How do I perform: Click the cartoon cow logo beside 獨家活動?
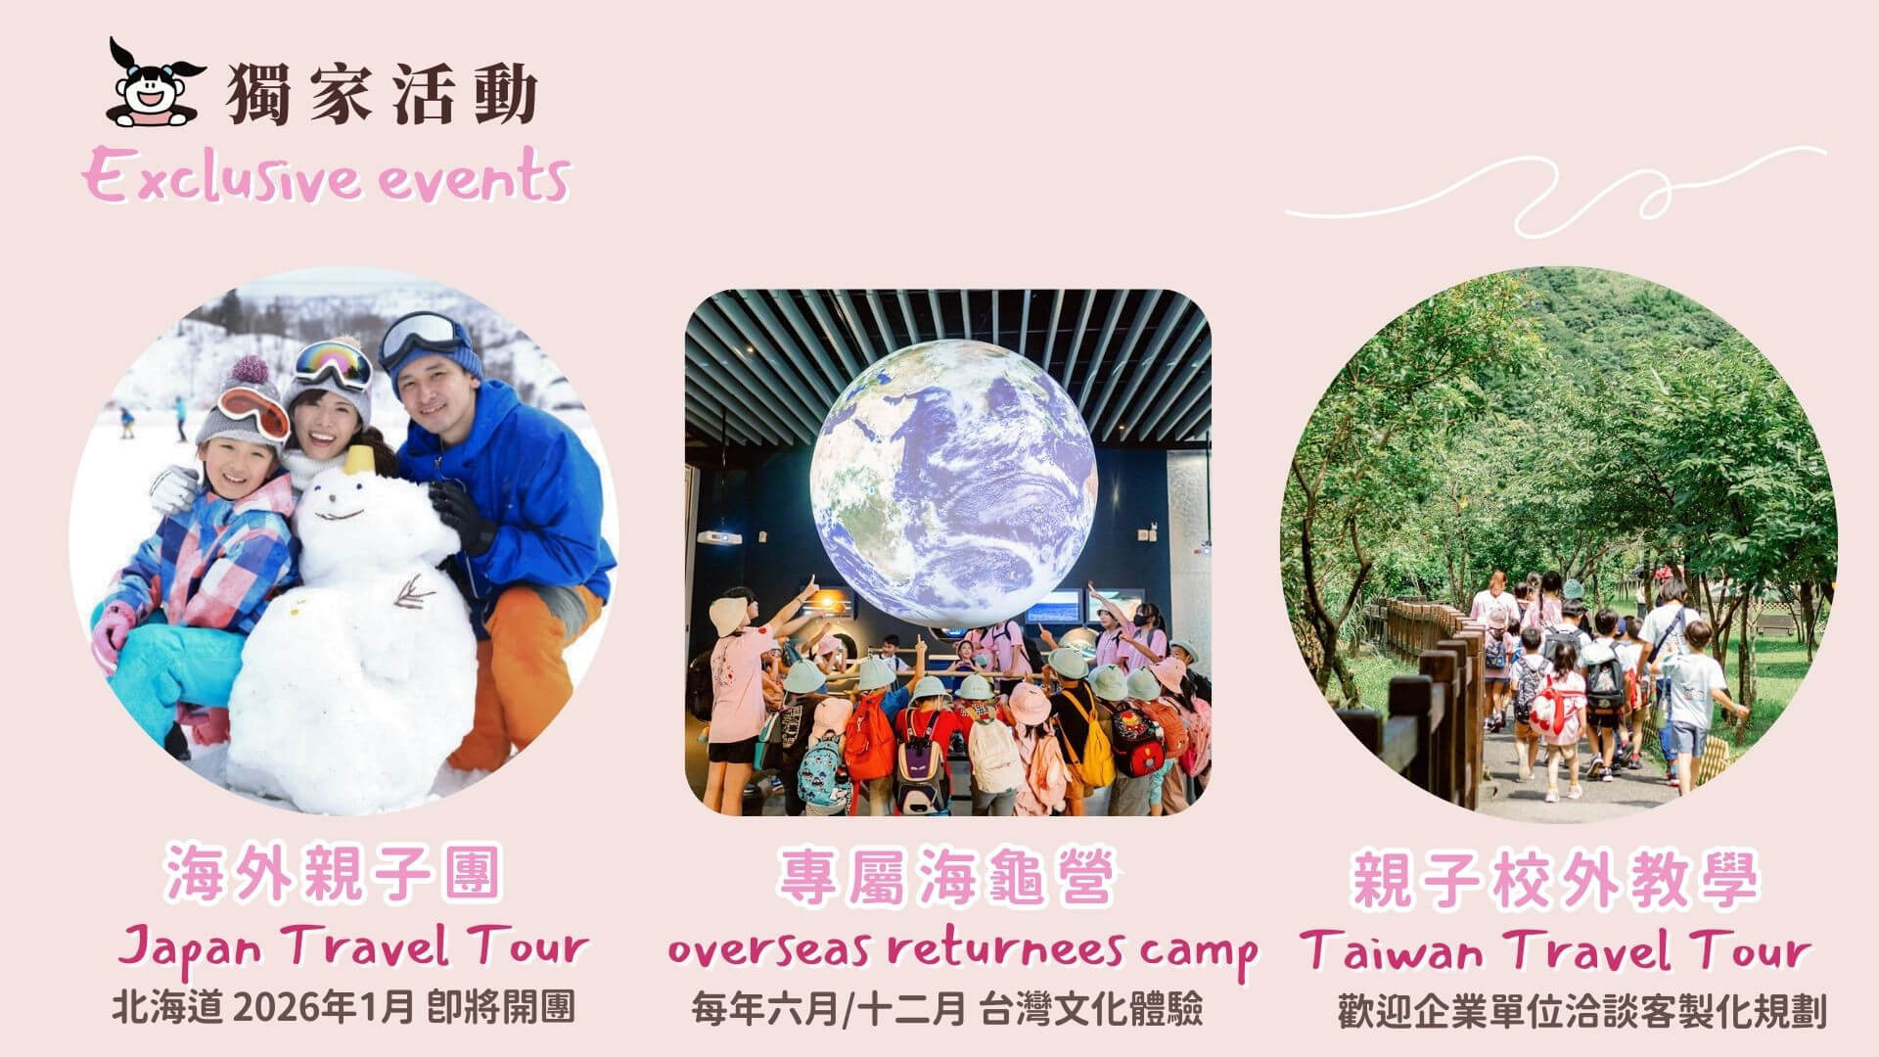(x=157, y=84)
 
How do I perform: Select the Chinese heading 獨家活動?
(x=382, y=94)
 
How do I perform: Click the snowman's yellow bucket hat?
(x=359, y=458)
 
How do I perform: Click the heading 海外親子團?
(x=333, y=874)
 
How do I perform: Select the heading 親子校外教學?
(x=1555, y=879)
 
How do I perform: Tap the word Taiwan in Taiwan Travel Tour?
(x=1389, y=949)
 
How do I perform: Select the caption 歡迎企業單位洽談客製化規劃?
(x=1581, y=1013)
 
